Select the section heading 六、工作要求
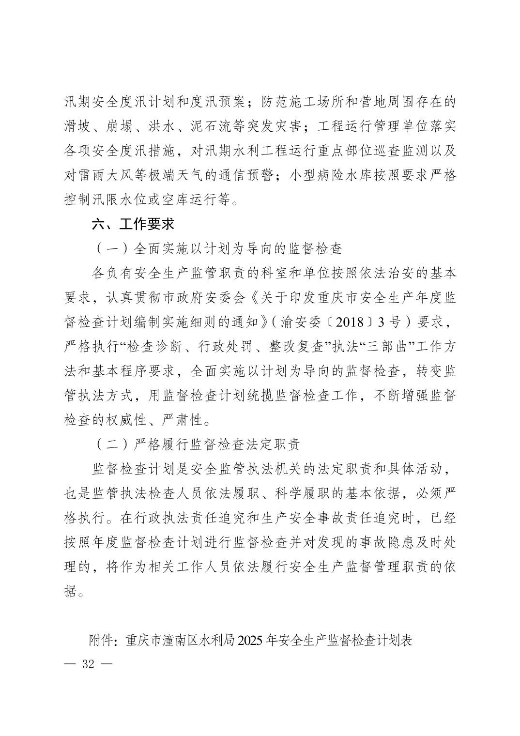pyautogui.click(x=133, y=224)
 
